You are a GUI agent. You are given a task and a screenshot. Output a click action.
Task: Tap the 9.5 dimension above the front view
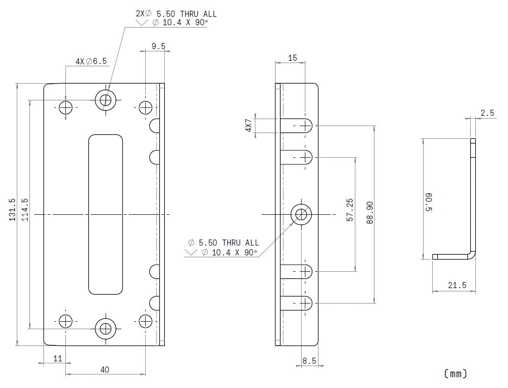[158, 46]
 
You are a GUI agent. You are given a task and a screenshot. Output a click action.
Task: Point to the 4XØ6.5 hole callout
[91, 61]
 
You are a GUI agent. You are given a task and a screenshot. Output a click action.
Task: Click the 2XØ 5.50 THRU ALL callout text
[176, 14]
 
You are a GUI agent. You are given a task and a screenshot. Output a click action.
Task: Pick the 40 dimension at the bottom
[105, 369]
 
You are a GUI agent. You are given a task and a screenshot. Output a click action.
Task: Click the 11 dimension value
[57, 359]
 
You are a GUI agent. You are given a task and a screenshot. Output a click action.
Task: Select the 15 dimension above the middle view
[293, 58]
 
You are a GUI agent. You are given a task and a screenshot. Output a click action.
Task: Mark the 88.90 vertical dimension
[369, 213]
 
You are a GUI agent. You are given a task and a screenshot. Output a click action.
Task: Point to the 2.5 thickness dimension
[487, 113]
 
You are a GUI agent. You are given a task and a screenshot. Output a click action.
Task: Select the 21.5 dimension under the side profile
[457, 285]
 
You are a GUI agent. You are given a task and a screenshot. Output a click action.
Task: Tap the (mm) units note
[455, 373]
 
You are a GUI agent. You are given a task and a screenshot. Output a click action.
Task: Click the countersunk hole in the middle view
[302, 214]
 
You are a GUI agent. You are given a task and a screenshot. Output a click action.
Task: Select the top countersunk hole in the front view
[106, 99]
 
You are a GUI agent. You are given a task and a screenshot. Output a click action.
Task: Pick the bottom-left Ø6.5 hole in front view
[66, 321]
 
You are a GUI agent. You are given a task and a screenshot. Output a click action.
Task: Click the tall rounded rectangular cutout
[106, 215]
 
